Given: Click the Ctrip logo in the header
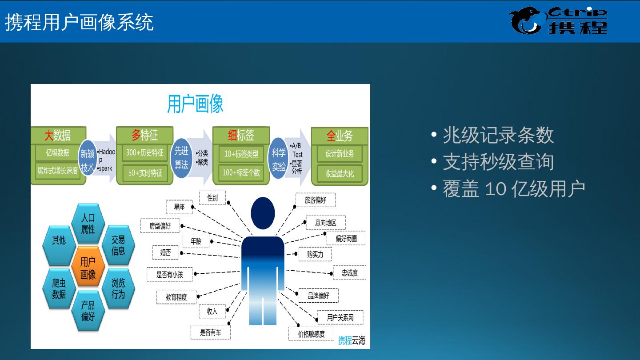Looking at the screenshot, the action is coord(558,20).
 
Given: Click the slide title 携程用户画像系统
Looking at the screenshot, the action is coord(80,22).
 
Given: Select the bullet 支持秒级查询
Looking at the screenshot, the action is coord(498,162).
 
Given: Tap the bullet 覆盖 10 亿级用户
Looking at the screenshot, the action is coord(513,189).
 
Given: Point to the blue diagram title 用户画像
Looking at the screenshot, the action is coord(195,104).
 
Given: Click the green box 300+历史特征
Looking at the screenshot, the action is coord(144,153).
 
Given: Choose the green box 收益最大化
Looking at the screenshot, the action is coord(340,173).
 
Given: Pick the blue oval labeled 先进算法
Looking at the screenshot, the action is coord(181,158).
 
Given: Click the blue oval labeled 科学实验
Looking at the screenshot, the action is coord(279,159).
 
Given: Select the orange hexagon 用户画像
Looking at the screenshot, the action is coord(88,268).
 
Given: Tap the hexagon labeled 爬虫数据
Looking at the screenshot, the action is coord(59,288).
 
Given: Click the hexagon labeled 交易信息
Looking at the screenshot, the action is coord(118,245).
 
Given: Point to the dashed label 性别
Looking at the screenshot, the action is coord(212,198).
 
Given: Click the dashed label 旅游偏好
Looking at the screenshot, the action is coord(315,200).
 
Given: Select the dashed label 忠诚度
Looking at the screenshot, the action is coord(349,273).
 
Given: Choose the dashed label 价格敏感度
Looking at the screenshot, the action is coord(311,334).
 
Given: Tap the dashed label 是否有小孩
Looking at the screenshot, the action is coord(170,275).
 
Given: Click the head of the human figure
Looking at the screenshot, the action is coord(263,213).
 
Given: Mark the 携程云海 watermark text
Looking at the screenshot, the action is coord(352,340).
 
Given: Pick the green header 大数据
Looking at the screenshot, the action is coord(58,135).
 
